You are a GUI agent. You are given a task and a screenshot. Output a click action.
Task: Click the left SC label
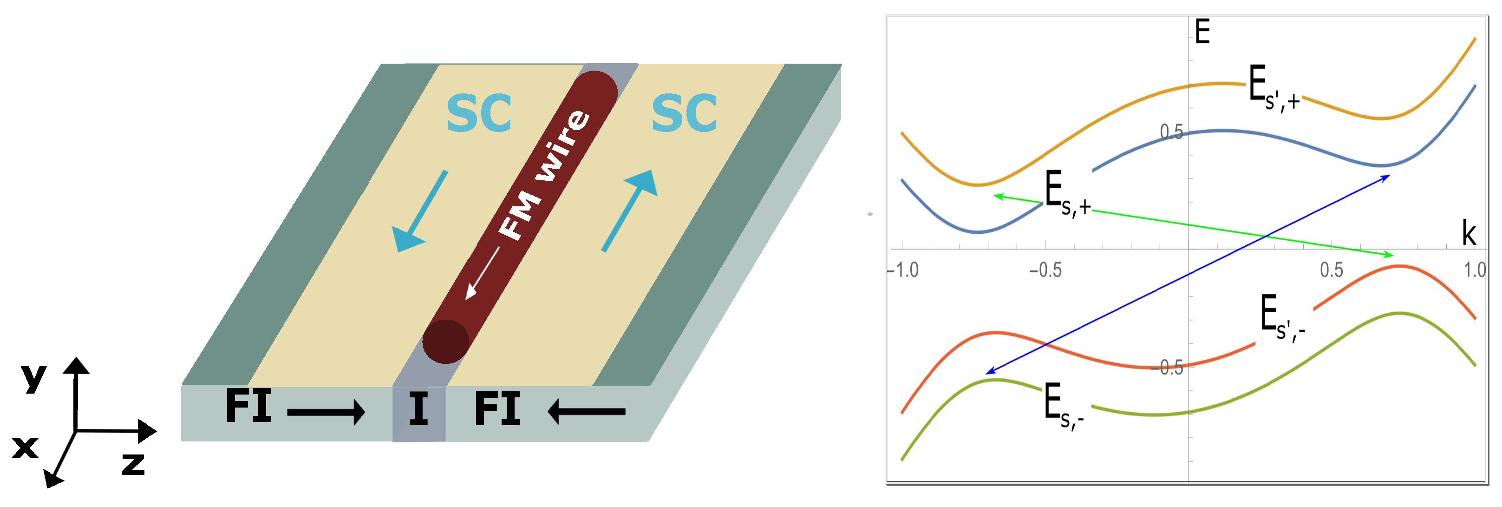tap(479, 113)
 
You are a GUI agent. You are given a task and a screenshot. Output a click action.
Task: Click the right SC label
tap(684, 113)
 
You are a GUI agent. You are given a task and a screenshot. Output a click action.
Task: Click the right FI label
tap(497, 409)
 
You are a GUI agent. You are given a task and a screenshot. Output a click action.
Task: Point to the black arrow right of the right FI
tap(586, 411)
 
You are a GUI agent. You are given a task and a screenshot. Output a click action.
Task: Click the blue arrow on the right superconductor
tap(630, 210)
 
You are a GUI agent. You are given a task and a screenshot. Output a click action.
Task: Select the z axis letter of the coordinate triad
tap(133, 464)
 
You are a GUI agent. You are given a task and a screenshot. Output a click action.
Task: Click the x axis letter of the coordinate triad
tap(25, 448)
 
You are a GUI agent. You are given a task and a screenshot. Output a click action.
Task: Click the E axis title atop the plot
tap(1202, 32)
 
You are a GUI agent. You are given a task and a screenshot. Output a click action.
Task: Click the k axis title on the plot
tap(1469, 233)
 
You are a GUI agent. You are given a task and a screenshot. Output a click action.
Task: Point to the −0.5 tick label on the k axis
tap(1045, 270)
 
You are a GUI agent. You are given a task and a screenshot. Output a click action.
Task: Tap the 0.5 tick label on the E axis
tap(1171, 132)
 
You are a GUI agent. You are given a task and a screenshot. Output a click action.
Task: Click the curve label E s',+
tap(1274, 89)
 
